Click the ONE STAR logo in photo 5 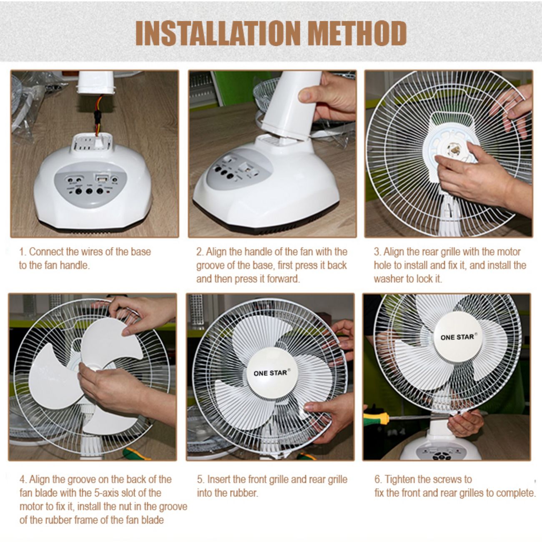point(270,373)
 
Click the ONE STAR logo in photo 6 point(457,336)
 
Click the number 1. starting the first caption point(23,252)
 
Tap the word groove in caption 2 point(211,266)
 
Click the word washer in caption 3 point(388,279)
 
